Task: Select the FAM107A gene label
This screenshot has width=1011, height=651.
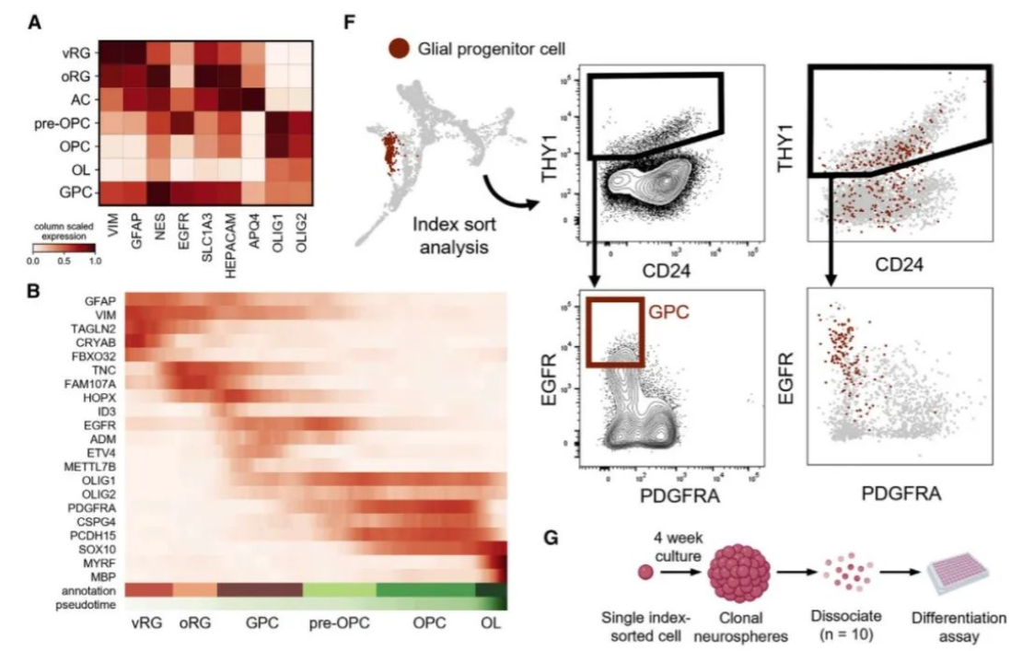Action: click(x=90, y=381)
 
